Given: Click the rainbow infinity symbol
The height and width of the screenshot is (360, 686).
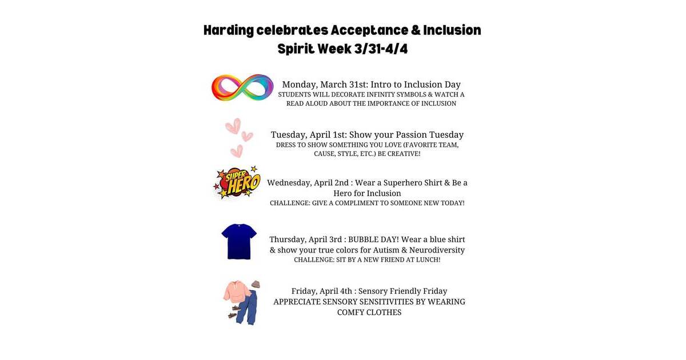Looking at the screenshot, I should coord(242,87).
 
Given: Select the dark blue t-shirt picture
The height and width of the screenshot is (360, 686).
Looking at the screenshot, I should coord(239,241).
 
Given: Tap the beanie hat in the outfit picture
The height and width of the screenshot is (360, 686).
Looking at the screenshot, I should coord(256,284).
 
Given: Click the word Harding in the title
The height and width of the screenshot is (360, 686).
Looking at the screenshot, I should coord(229,30).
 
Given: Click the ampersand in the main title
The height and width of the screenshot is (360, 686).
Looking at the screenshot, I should coord(423,30).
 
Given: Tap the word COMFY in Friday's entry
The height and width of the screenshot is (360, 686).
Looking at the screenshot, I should coord(353,313).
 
